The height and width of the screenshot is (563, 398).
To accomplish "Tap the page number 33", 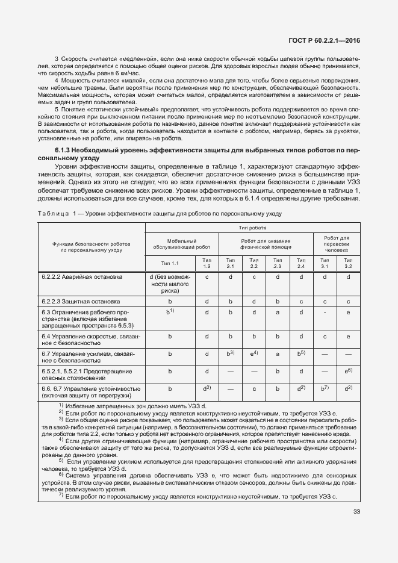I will click(x=356, y=512).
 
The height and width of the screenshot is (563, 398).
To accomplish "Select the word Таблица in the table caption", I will click(x=54, y=213).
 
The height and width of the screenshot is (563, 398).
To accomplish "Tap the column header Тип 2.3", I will click(x=278, y=263).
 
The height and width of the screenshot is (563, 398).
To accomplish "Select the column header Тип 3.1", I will click(x=325, y=263).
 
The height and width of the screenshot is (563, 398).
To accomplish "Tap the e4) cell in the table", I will click(x=254, y=353).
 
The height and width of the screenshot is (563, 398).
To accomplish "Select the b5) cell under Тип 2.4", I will click(x=301, y=353).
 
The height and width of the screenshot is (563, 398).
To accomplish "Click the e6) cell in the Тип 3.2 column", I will click(x=348, y=372).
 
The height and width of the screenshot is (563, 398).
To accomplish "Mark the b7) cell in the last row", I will click(x=325, y=389).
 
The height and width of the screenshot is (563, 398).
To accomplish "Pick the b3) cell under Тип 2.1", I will click(x=230, y=353).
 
